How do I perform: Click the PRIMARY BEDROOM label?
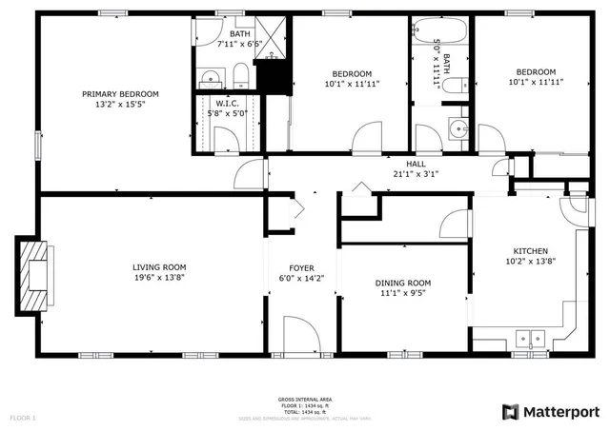120,94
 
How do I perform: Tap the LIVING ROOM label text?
159,267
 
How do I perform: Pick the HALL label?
416,164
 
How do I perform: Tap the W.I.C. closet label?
226,104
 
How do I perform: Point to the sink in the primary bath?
210,76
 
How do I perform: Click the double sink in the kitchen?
528,337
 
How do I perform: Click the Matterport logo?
550,411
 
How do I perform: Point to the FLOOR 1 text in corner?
23,418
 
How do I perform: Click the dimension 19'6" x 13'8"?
159,278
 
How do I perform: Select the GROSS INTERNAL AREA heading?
304,399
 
